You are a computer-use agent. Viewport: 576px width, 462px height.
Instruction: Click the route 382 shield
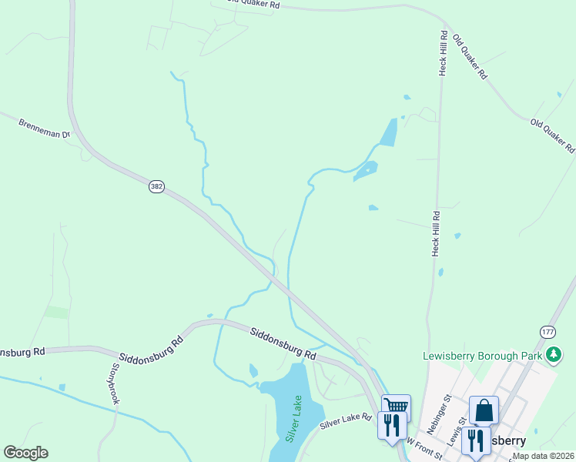tap(156, 188)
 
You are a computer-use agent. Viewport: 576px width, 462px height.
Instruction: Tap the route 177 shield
tap(548, 331)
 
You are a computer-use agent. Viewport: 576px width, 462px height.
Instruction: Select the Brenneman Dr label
tap(44, 128)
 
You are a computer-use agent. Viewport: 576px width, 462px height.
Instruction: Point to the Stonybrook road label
tap(116, 383)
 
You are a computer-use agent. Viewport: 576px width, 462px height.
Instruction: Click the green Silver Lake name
tap(293, 418)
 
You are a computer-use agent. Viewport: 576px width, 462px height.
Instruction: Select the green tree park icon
tap(552, 354)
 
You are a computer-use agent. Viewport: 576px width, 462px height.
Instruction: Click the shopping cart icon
tap(396, 406)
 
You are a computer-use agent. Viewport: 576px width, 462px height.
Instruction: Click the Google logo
tap(25, 453)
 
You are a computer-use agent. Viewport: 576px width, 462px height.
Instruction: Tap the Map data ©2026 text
tap(543, 456)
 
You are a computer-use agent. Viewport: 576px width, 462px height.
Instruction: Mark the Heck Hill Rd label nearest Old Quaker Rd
tap(444, 52)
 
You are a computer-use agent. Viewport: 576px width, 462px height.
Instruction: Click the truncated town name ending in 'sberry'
tap(505, 441)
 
